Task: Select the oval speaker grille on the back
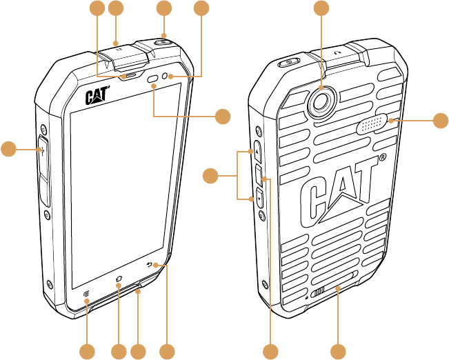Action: tap(372, 125)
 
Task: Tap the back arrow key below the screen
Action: tap(152, 265)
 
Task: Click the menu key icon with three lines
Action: tap(87, 294)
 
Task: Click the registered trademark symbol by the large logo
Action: tap(382, 159)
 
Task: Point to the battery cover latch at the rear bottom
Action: tap(319, 292)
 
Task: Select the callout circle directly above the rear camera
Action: tap(321, 8)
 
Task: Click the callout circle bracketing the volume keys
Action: tap(212, 178)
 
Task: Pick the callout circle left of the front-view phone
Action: tap(8, 148)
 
